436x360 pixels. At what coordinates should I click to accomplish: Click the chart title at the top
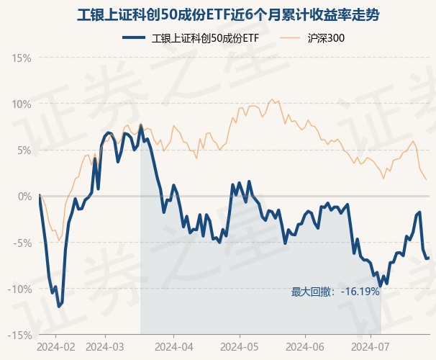pos(218,14)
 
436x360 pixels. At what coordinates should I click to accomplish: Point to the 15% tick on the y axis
pos(22,58)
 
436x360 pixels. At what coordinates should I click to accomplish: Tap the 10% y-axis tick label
pos(22,104)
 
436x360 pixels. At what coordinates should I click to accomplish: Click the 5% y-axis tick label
pos(24,150)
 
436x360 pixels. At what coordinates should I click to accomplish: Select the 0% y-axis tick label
pos(24,196)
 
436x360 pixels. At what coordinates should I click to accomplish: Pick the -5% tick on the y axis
pos(22,243)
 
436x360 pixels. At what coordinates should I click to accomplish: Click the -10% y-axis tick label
pos(20,289)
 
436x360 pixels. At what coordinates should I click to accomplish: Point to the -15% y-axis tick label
pos(20,335)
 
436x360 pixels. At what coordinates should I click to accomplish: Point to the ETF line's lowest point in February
pos(59,307)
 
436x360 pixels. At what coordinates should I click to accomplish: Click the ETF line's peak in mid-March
pos(140,125)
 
